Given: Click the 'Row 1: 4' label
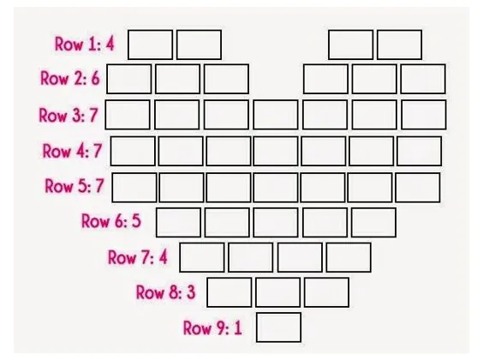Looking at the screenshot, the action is coord(85,44).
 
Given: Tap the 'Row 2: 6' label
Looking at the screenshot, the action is coord(70,78).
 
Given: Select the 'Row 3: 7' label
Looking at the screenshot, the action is coord(69,115).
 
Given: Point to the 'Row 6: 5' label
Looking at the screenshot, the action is coord(110,221).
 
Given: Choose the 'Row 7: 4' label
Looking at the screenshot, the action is coord(138,257).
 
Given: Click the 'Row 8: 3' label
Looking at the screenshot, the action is coord(166,292).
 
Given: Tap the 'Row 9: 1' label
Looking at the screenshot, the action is coord(212,327).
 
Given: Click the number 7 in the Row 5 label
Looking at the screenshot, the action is coord(99,186).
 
